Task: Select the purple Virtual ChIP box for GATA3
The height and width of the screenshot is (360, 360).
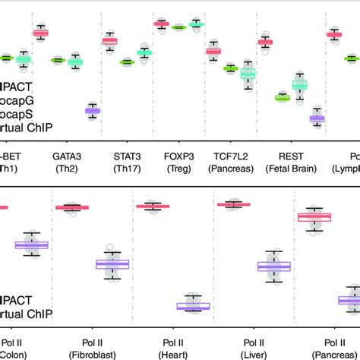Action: click(x=92, y=111)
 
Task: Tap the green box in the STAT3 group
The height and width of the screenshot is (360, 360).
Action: click(x=126, y=62)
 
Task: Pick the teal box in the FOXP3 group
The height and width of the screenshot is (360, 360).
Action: click(x=197, y=24)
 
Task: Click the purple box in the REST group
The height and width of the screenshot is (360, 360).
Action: click(x=316, y=118)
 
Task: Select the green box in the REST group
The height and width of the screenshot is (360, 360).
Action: click(x=283, y=97)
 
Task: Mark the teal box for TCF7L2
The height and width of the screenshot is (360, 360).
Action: click(x=248, y=74)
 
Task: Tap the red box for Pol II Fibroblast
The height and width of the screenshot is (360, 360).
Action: click(x=72, y=207)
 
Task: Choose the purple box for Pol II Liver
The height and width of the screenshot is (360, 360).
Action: click(x=273, y=266)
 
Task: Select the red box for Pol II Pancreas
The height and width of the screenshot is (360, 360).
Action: click(x=314, y=218)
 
